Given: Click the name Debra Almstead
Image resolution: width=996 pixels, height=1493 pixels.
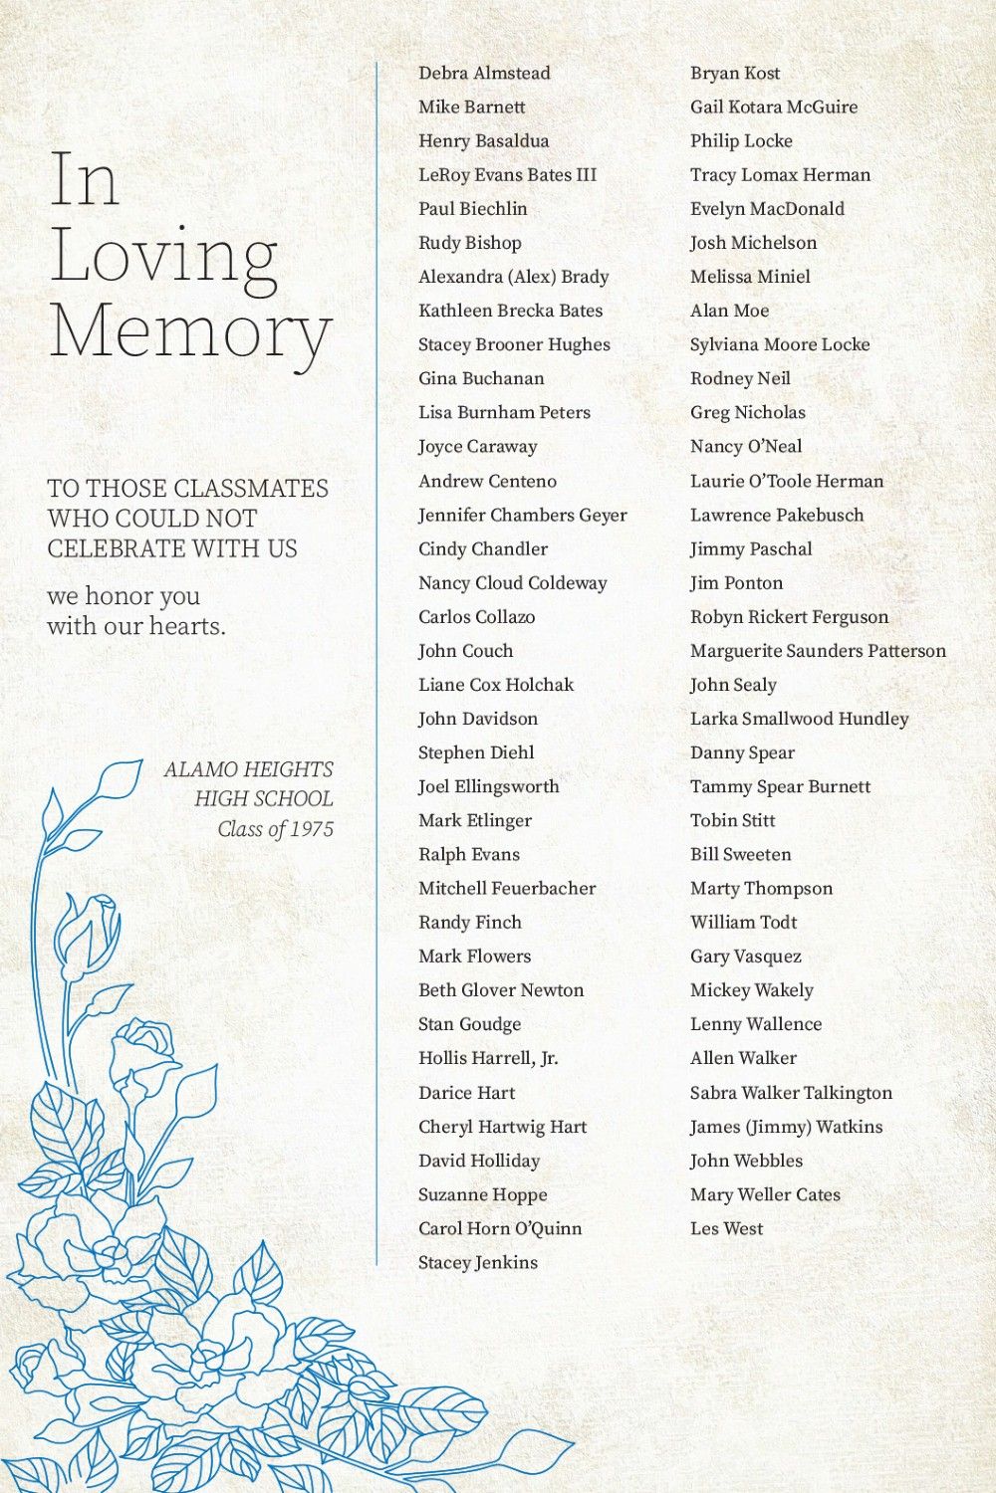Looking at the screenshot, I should (x=484, y=73).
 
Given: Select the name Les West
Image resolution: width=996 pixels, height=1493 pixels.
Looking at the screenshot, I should (x=726, y=1228).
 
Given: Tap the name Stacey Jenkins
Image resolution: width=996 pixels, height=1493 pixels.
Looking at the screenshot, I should (x=477, y=1262).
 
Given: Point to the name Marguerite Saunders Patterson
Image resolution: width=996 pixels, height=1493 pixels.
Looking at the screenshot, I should (x=818, y=651).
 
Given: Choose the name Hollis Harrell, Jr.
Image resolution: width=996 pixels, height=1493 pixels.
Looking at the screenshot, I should (x=488, y=1058).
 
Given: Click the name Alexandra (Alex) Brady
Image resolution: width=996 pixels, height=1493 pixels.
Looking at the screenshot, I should (x=513, y=277).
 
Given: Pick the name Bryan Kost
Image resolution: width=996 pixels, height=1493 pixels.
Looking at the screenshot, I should (x=735, y=73).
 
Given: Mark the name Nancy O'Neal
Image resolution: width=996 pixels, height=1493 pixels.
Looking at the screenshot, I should (x=746, y=447).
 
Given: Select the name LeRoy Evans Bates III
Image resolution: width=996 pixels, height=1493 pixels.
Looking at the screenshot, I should (x=507, y=175).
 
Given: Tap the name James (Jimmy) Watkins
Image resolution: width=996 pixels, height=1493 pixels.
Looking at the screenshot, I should (x=786, y=1127).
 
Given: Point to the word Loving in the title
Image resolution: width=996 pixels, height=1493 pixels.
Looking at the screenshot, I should (x=164, y=256).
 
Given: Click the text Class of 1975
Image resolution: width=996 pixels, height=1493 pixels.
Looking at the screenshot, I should (x=276, y=829).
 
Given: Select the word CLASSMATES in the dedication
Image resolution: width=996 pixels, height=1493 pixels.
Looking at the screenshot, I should (x=252, y=489).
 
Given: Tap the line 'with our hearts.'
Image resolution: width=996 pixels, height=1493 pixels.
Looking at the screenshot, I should (x=136, y=626).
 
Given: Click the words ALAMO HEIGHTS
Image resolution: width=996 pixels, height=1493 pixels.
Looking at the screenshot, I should (x=249, y=769).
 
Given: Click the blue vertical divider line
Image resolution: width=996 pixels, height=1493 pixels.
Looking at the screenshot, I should (x=376, y=657).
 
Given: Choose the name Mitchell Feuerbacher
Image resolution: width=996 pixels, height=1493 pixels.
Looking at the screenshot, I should (x=507, y=888).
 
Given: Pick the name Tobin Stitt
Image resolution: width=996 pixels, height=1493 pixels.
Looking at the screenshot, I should (x=732, y=820).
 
